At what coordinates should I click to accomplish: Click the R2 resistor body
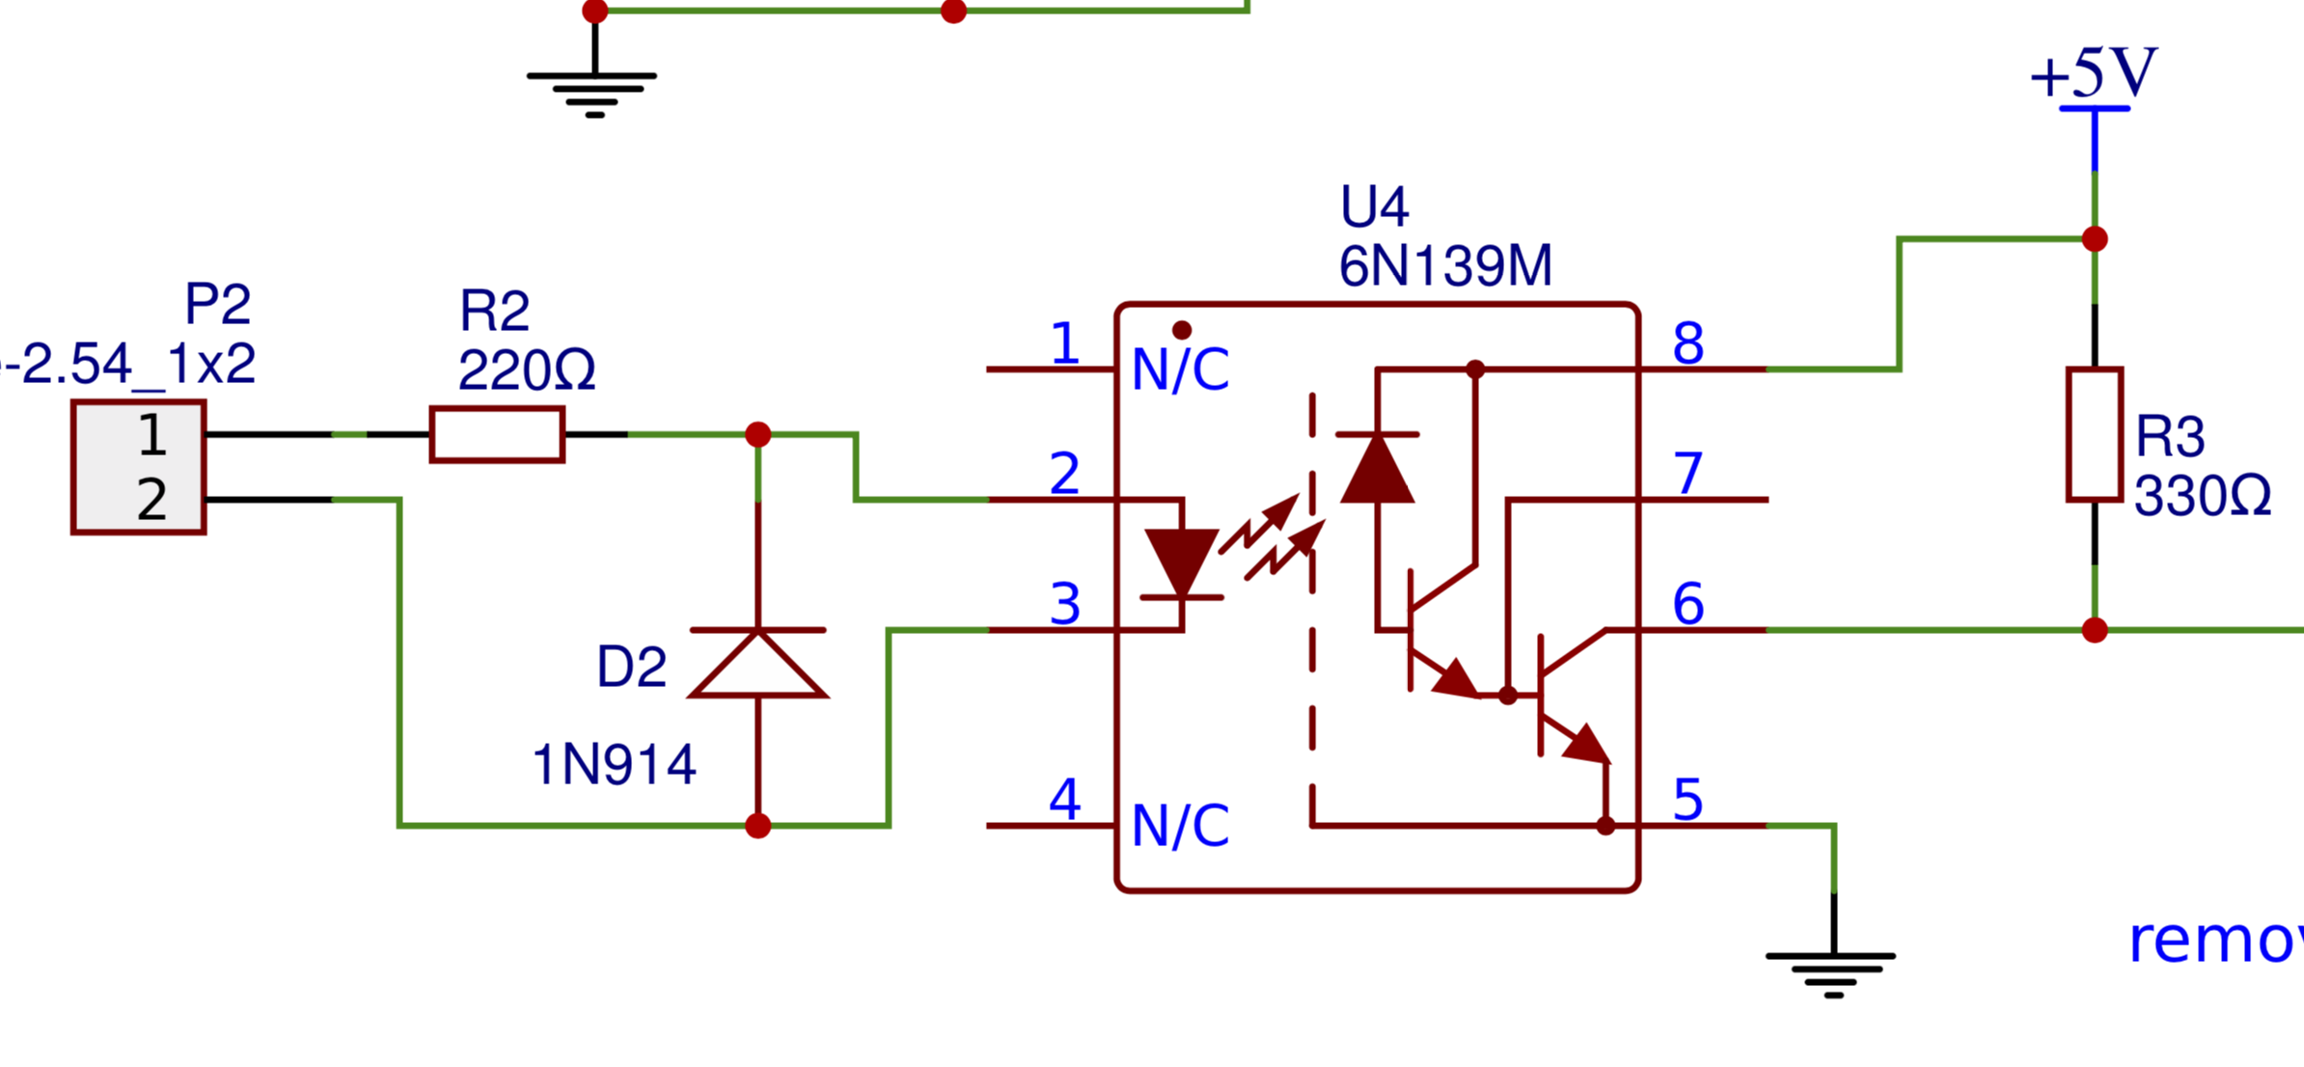[497, 434]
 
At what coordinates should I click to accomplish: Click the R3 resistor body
[2094, 434]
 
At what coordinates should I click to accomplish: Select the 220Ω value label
[527, 370]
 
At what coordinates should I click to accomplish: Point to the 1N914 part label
[614, 765]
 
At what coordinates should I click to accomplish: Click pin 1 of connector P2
[151, 435]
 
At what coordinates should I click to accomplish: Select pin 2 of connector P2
[151, 500]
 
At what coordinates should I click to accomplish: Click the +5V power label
[2093, 73]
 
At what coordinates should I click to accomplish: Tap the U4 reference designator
[1374, 206]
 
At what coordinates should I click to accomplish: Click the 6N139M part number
[1444, 265]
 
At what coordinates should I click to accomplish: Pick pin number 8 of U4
[1687, 343]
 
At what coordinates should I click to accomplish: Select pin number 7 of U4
[1687, 474]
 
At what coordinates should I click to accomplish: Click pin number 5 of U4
[1687, 800]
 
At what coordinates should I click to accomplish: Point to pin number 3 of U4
[1064, 604]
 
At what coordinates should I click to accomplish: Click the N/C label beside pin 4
[1180, 826]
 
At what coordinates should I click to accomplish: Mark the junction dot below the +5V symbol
[2095, 239]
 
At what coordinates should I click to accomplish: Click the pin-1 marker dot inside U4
[1182, 330]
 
